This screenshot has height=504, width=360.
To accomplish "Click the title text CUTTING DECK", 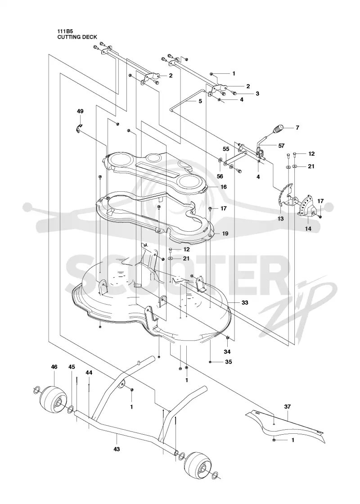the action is pos(77,37).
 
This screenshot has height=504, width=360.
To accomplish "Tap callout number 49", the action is pos(80,111).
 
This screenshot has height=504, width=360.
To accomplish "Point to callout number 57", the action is pos(281,146).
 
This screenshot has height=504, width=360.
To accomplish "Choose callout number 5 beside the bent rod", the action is pos(200,101).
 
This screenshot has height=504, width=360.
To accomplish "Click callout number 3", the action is pos(257,94).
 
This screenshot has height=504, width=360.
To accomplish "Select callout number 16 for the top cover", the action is pos(223,187).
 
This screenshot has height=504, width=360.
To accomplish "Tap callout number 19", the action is pos(225,234).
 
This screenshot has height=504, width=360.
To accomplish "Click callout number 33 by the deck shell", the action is pos(245,303).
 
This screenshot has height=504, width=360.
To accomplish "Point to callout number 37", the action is pos(287,407).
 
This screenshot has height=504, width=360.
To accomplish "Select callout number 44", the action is pos(89,373).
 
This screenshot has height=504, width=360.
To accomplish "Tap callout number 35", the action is pos(229,362).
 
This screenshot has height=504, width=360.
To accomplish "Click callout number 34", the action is pos(227,352).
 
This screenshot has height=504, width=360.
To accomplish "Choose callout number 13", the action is pos(281,219).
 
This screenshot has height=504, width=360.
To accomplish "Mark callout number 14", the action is pos(308,229).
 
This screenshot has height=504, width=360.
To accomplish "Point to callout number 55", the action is pos(226,149).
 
